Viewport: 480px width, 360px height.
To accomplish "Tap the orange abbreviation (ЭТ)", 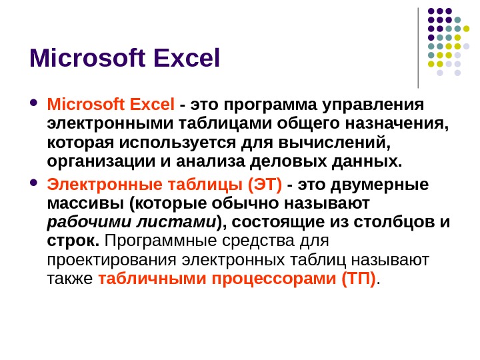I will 265,184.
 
